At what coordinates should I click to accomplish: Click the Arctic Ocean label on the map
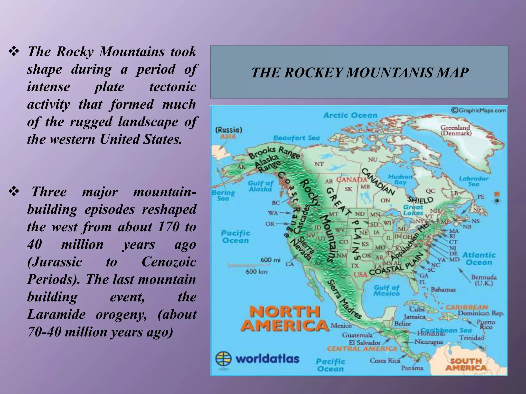350,116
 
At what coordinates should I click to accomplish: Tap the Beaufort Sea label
297,138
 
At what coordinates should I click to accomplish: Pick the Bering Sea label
223,195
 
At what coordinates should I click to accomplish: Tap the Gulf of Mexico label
387,291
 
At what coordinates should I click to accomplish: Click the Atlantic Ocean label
479,259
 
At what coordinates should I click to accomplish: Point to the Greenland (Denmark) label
456,130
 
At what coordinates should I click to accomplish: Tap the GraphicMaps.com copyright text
479,110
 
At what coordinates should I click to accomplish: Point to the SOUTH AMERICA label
466,365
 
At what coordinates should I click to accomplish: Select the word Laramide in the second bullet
56,314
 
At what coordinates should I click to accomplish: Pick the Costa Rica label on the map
384,360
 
